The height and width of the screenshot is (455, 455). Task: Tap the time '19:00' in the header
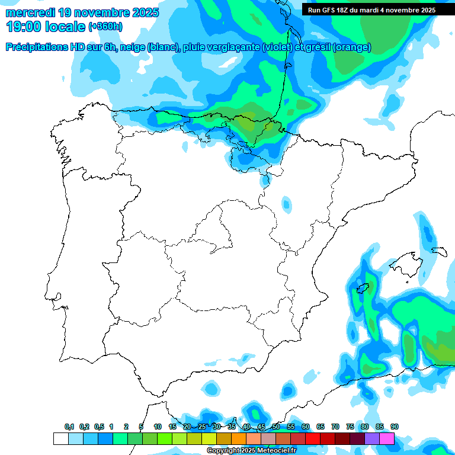pos(23,26)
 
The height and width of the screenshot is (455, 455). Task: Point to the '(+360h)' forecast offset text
pos(105,27)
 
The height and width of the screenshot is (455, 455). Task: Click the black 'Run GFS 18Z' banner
pos(371,9)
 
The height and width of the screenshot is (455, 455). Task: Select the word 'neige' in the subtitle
pos(133,47)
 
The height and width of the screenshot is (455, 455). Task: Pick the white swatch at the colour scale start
pos(60,439)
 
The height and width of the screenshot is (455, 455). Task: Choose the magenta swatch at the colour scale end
pos(387,439)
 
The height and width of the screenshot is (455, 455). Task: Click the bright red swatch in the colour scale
pos(313,439)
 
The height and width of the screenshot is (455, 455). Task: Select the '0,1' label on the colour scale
pos(69,427)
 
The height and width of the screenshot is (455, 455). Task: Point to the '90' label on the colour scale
pos(394,427)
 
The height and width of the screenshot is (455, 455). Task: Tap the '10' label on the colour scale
pos(158,427)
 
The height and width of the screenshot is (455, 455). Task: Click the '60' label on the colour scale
pos(306,427)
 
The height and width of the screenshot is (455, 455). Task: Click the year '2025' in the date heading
pos(142,12)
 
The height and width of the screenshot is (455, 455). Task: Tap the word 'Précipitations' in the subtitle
pos(36,47)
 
